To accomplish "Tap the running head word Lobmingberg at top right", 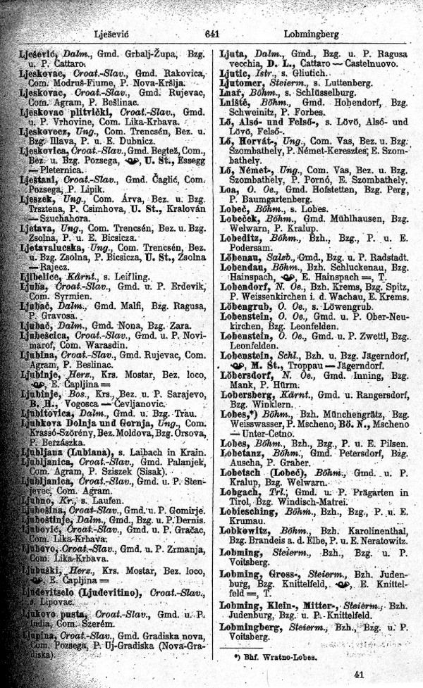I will tap(311, 33).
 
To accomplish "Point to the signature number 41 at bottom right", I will tap(362, 674).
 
